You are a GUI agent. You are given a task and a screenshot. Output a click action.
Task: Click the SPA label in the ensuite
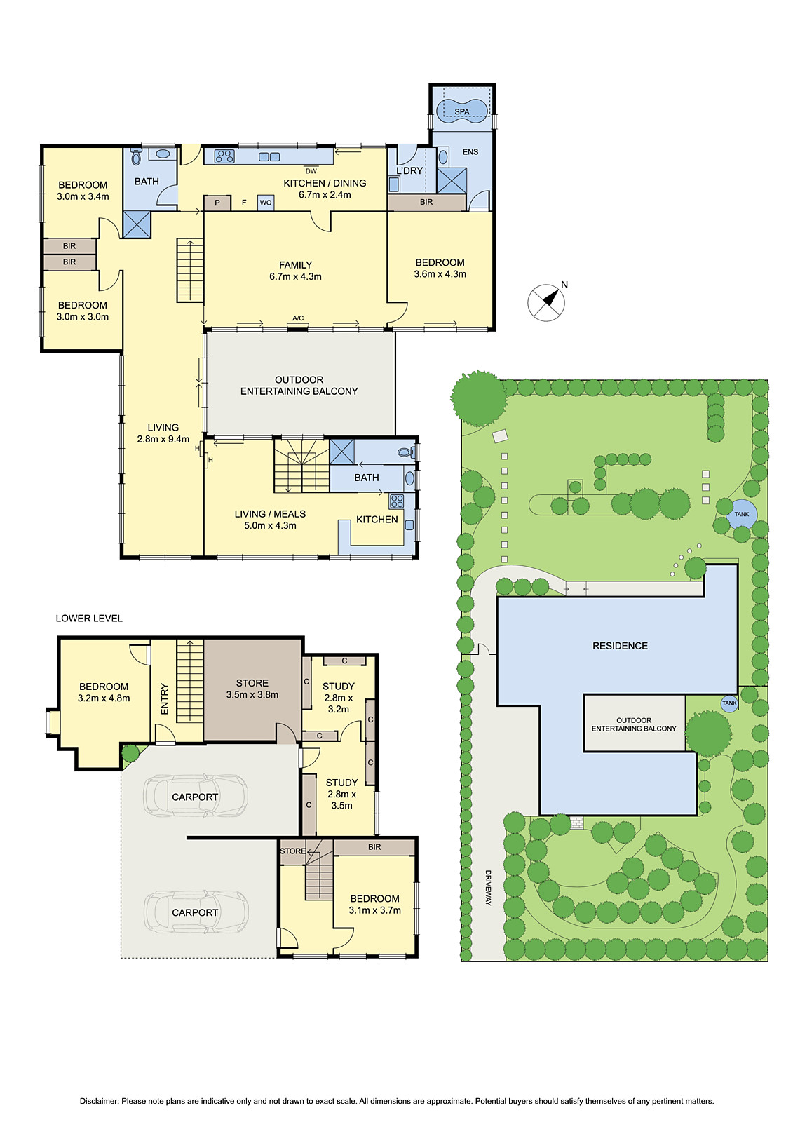(x=461, y=111)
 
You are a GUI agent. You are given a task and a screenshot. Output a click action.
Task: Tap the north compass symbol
(x=546, y=302)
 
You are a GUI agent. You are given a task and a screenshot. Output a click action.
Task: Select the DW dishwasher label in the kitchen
(x=311, y=171)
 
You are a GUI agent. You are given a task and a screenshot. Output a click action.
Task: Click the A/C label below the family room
(x=298, y=318)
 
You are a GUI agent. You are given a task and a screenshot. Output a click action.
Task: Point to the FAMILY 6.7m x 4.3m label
(x=295, y=271)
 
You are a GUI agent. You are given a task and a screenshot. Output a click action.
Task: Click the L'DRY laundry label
(x=409, y=170)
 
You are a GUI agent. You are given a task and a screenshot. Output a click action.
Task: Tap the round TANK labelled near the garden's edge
(x=741, y=514)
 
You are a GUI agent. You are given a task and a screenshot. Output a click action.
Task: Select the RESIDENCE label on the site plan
(x=620, y=646)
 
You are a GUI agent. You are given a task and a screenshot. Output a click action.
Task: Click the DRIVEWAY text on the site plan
(x=488, y=888)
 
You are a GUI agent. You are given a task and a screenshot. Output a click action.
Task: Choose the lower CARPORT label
(x=195, y=912)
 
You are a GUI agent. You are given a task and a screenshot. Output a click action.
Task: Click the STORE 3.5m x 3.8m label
(x=252, y=689)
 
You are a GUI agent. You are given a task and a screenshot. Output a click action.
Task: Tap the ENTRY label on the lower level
(x=165, y=699)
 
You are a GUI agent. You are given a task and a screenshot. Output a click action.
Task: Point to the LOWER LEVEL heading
(x=89, y=619)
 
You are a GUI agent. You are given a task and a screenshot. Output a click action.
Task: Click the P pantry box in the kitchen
(x=217, y=203)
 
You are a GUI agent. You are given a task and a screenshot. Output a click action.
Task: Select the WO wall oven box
(x=266, y=203)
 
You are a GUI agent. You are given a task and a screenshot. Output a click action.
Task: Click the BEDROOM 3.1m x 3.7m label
(x=374, y=904)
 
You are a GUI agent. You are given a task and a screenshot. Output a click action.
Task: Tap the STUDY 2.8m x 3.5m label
(x=341, y=794)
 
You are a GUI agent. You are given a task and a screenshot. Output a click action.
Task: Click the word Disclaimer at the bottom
(x=99, y=1101)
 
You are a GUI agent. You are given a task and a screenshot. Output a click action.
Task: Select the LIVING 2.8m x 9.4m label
(x=163, y=433)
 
